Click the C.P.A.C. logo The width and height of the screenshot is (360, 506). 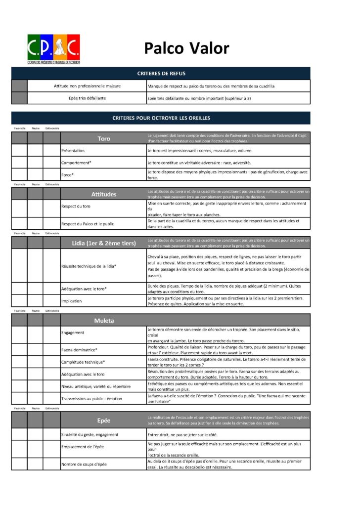[54, 48]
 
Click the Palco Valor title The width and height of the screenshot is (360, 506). [186, 48]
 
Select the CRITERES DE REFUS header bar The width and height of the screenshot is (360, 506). [161, 74]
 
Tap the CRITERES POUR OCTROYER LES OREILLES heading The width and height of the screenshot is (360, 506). [161, 118]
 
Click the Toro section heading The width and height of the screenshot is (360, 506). [104, 138]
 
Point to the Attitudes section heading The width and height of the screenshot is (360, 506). [104, 194]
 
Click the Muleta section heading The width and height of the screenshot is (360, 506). [104, 320]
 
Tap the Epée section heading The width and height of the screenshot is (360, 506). [104, 420]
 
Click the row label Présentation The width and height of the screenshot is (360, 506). [73, 150]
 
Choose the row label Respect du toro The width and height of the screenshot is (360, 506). [76, 206]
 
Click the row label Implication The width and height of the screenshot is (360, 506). [72, 301]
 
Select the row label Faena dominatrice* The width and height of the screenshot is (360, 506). [79, 350]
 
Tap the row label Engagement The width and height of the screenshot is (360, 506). [73, 333]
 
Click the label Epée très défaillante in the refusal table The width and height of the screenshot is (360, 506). [87, 98]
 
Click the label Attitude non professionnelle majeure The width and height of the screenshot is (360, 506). [87, 86]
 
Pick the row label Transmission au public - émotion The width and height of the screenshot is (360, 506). [91, 398]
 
